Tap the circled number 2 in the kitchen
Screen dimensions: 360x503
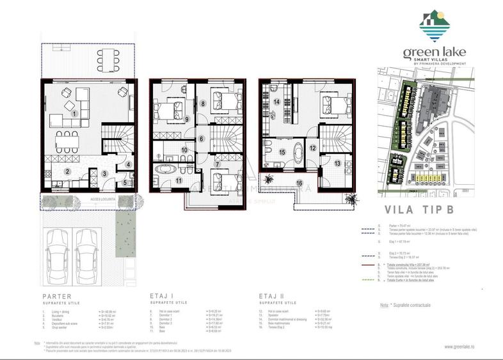(x=67, y=171)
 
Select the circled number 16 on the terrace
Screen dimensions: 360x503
(x=298, y=184)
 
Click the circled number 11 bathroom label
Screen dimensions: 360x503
(x=180, y=181)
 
